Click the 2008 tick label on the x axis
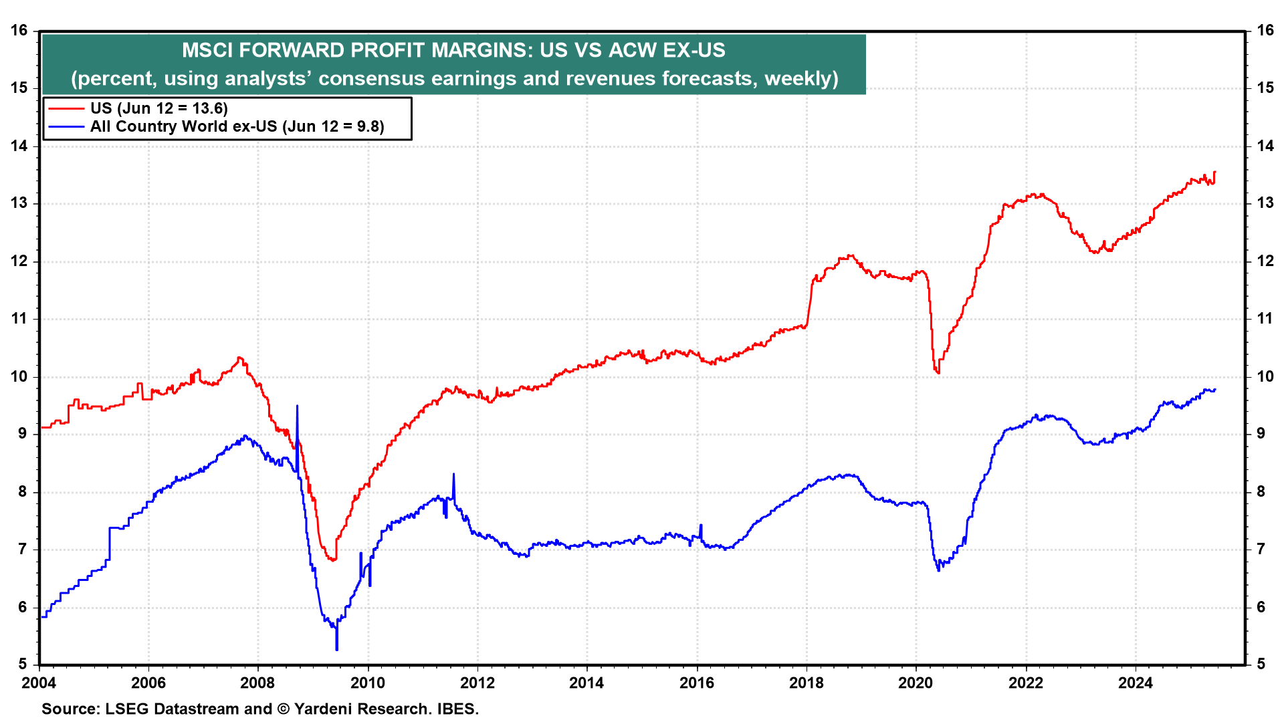coord(257,683)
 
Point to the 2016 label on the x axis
coord(697,683)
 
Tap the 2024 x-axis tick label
coord(1136,683)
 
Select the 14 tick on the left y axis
coord(19,146)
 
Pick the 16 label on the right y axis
coord(1265,31)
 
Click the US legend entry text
coord(158,108)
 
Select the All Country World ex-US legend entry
coord(237,126)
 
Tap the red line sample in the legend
coord(66,108)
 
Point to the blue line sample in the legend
coord(66,126)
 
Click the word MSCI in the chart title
coord(207,50)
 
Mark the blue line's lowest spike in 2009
coord(336,649)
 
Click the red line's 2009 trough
coord(332,560)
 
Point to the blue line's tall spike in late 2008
coord(297,406)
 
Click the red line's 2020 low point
coord(938,372)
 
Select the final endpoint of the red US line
coord(1214,172)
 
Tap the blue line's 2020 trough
coord(938,570)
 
